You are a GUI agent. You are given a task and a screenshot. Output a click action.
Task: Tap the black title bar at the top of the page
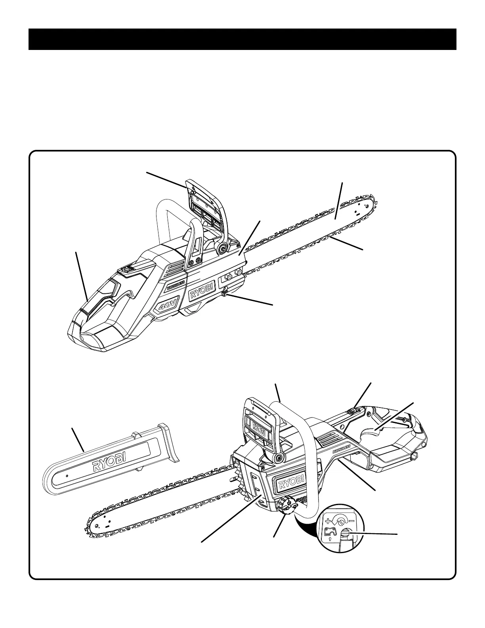242,39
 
